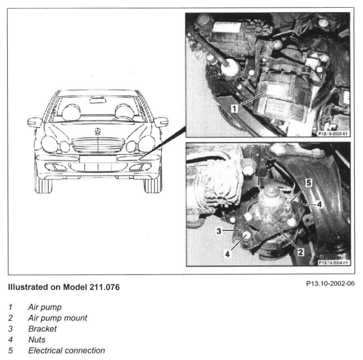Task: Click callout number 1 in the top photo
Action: (234, 108)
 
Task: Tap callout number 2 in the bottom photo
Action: (300, 252)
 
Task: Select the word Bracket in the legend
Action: (42, 329)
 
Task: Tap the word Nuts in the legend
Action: (37, 340)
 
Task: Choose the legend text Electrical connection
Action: (66, 351)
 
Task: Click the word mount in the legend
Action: (76, 318)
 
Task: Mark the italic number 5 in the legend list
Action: (10, 351)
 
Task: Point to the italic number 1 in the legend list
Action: (10, 307)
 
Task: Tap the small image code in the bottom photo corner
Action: (333, 262)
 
